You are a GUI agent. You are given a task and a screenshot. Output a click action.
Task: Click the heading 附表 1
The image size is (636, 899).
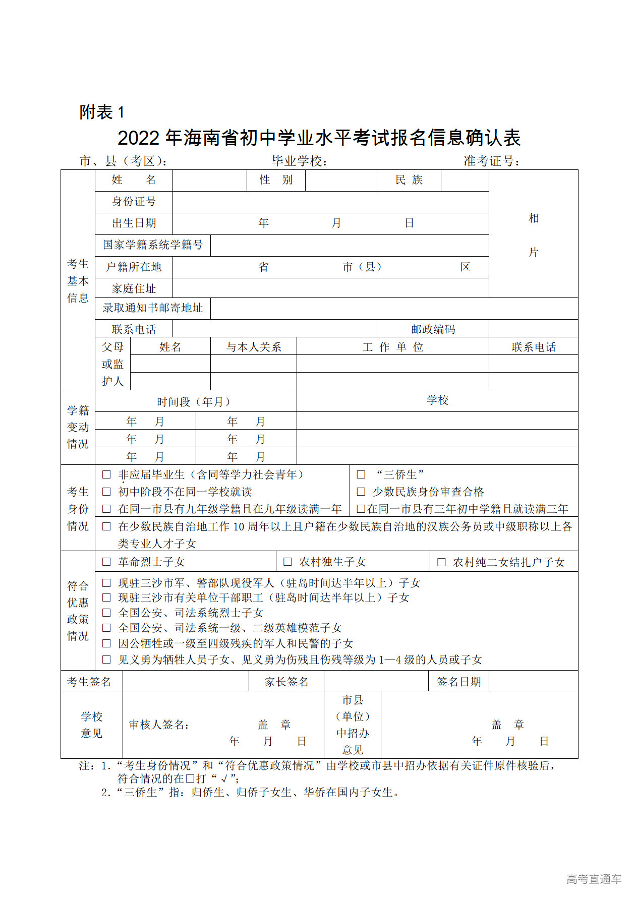coord(101,112)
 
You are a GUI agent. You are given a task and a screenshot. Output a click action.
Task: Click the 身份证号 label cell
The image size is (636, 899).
coord(134,202)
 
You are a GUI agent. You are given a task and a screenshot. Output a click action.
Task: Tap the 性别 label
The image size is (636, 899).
coord(276,180)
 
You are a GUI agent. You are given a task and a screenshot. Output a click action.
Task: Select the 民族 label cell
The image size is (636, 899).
coord(409,180)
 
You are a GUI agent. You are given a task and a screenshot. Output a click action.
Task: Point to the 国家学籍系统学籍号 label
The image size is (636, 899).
coord(153,245)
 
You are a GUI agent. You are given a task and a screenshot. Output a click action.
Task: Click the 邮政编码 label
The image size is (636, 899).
coord(433,329)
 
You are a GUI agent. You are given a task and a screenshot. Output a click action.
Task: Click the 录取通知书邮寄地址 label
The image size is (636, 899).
coord(153,308)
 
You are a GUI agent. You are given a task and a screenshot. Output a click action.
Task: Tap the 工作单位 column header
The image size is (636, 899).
coord(392,347)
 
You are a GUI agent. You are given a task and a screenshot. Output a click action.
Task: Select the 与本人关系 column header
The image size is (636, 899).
coord(253,347)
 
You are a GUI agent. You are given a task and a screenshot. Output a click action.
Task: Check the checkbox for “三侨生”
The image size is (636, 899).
coord(361,474)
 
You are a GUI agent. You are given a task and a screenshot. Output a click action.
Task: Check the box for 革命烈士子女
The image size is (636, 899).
coord(106,562)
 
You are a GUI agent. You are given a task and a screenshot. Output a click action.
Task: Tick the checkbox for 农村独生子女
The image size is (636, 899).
coord(288,562)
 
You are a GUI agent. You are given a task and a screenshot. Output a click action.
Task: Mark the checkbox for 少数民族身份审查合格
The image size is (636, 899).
coord(361,492)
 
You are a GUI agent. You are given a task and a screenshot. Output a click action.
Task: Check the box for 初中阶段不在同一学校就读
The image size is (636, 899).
coord(106,492)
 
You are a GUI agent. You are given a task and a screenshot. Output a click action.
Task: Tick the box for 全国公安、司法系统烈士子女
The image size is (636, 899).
coord(106,613)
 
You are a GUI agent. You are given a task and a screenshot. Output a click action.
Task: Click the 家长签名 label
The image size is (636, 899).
coord(286,682)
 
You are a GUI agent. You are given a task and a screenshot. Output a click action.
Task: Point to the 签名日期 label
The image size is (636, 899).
coord(458,682)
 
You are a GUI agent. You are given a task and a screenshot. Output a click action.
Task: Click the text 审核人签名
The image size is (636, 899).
coord(159,725)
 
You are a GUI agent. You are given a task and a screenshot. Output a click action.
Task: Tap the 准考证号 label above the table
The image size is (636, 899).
coord(491,161)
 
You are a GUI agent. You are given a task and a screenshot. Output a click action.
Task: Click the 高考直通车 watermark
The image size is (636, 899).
coord(594,879)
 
